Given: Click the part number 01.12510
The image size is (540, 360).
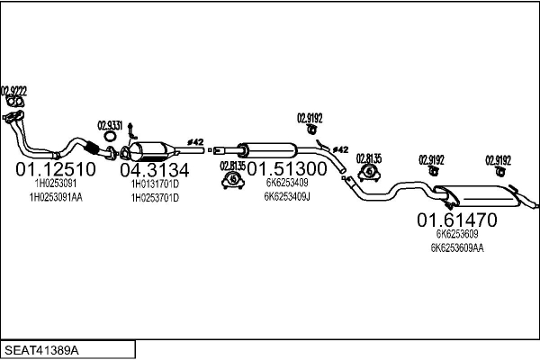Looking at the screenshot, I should pyautogui.click(x=56, y=170).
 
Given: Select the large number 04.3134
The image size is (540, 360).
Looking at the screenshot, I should pyautogui.click(x=155, y=170).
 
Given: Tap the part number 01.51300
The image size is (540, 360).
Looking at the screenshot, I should pyautogui.click(x=287, y=169).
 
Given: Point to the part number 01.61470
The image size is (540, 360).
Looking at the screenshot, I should pyautogui.click(x=456, y=219).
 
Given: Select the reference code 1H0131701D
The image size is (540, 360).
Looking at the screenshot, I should pyautogui.click(x=155, y=184).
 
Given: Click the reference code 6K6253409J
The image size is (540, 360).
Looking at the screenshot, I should pyautogui.click(x=288, y=196).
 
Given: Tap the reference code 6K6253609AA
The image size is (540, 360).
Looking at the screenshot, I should pyautogui.click(x=457, y=247).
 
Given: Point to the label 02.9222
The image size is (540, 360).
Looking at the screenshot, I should pyautogui.click(x=13, y=90).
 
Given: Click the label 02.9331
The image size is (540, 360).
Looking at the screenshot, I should pyautogui.click(x=110, y=125).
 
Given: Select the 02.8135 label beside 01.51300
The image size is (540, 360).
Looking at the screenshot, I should pyautogui.click(x=232, y=166).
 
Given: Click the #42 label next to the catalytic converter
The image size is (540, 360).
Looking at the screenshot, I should pyautogui.click(x=195, y=142).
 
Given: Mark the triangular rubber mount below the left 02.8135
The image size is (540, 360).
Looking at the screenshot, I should pyautogui.click(x=233, y=183).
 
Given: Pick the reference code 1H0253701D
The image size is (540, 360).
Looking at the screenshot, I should pyautogui.click(x=155, y=197).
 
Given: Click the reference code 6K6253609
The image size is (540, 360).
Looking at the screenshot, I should pyautogui.click(x=457, y=234).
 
